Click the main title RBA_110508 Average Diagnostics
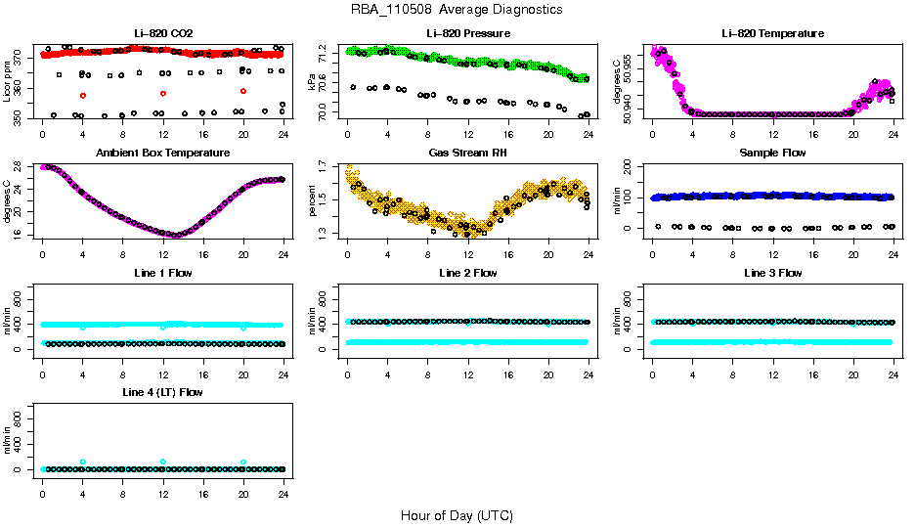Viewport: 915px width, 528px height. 457,10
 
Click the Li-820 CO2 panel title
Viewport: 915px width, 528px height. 162,33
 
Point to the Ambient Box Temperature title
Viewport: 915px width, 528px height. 162,154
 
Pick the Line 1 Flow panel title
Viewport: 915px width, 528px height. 162,273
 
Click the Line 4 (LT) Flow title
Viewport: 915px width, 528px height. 162,392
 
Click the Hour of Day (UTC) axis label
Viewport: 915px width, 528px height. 457,515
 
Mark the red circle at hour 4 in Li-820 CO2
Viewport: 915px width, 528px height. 83,95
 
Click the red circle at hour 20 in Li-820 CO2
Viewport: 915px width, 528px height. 243,91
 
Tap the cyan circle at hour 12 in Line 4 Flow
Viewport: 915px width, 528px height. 163,462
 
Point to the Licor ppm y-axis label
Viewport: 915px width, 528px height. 8,82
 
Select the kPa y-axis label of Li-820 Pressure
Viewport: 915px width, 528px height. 313,82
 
